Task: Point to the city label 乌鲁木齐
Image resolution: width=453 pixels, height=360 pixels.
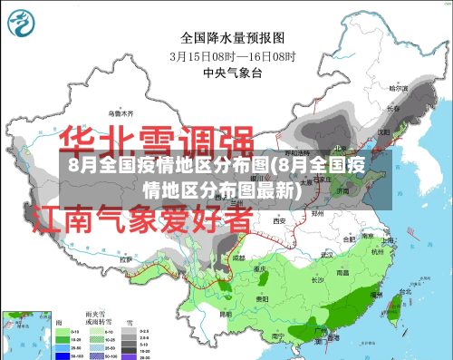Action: [121, 114]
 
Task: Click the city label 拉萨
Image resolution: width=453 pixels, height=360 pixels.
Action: [125, 259]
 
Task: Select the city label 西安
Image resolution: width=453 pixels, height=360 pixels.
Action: [280, 219]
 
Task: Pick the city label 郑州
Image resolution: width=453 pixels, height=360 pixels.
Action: [317, 212]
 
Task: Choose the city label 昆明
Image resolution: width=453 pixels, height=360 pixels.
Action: [226, 315]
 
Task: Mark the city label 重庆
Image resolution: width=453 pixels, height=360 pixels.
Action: [263, 269]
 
